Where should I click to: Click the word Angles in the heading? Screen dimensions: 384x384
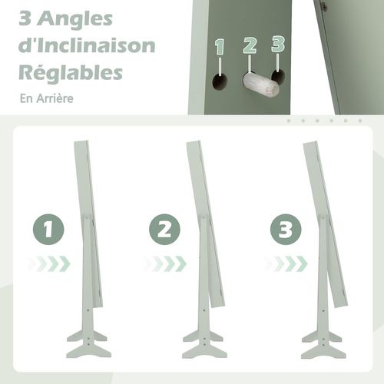tap(74, 20)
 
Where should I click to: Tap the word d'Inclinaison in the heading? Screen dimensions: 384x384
tap(87, 45)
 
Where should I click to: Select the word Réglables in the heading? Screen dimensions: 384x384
tap(71, 73)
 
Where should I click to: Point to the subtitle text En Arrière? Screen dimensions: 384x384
tap(47, 98)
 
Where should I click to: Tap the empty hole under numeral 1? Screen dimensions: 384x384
tap(220, 81)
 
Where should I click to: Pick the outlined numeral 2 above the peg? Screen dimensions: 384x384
tap(250, 45)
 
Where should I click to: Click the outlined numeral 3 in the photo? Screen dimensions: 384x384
tap(278, 44)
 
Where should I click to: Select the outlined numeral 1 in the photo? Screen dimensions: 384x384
tap(220, 47)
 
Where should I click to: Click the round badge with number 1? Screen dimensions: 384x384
tap(48, 230)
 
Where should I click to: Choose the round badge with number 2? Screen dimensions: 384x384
tap(164, 230)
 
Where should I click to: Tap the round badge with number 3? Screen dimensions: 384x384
tap(286, 230)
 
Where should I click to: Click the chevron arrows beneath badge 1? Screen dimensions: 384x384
tap(48, 263)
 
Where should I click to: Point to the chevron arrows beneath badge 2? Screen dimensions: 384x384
tap(165, 263)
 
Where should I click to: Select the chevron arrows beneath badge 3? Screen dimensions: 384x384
tap(286, 263)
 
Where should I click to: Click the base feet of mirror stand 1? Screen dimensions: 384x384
tap(88, 344)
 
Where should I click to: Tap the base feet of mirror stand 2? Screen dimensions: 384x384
tap(204, 344)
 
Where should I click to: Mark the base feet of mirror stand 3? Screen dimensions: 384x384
tap(323, 344)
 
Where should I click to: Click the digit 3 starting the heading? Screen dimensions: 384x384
tap(25, 18)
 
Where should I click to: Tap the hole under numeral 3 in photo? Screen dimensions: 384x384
tap(277, 76)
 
